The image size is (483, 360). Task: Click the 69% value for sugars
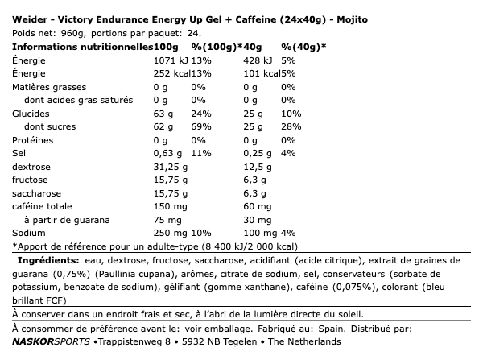(200, 126)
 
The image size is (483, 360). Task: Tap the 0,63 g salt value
(167, 153)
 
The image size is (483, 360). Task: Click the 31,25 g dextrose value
(170, 167)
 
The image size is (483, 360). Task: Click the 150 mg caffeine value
(168, 207)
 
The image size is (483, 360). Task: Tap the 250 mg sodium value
(168, 234)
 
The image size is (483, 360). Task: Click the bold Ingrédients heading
(47, 261)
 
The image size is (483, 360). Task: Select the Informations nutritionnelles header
(68, 46)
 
